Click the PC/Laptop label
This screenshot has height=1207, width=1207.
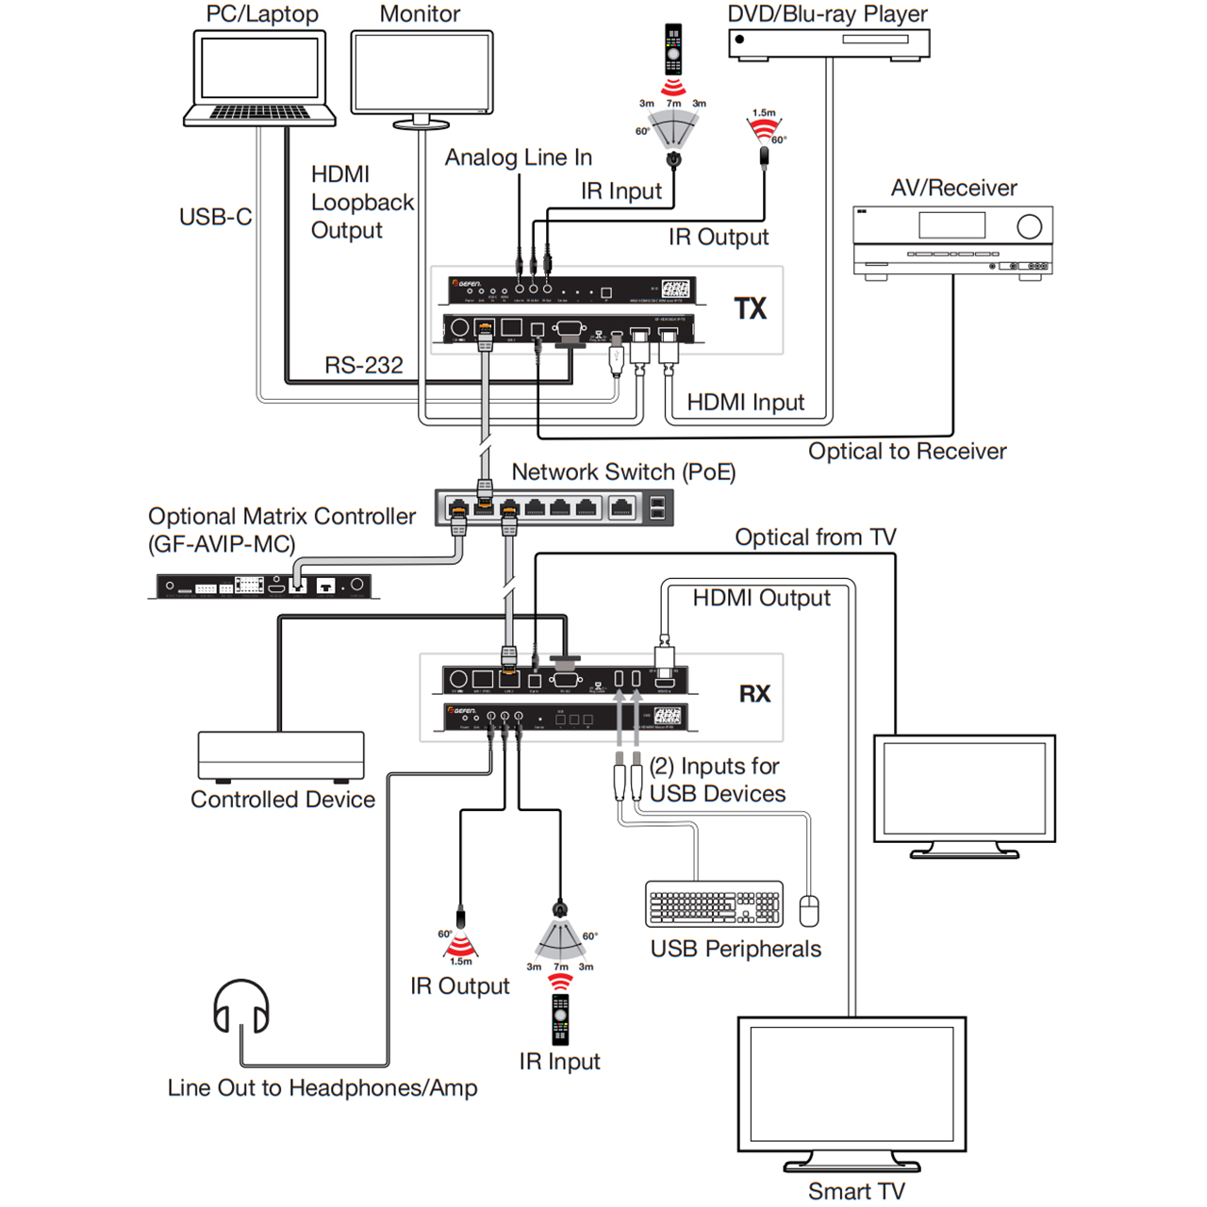coord(262,14)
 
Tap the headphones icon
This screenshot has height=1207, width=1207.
coord(241,1007)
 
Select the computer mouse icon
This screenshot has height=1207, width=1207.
coord(809,911)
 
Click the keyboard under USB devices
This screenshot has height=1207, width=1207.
coord(714,904)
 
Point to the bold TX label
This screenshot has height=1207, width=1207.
coord(751,308)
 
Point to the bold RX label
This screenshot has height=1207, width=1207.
coord(754,694)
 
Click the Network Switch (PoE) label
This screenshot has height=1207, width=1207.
coord(623,471)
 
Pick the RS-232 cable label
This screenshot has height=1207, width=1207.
coord(364,365)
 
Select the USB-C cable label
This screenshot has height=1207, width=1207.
coord(215,217)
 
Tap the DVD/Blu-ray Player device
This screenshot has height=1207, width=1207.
coord(829,43)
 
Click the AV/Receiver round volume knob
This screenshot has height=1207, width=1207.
coord(1029,226)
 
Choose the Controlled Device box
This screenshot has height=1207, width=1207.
coord(281,756)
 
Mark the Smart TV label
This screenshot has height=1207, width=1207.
coord(856,1191)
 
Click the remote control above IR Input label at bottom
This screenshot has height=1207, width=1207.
coord(560,1018)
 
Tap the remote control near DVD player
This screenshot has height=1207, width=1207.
coord(673,49)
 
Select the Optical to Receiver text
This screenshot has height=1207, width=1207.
coord(907,451)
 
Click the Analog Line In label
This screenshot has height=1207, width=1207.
coord(519,157)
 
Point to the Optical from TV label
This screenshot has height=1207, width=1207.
coord(816,537)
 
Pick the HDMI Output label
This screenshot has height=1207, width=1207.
coord(762,598)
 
